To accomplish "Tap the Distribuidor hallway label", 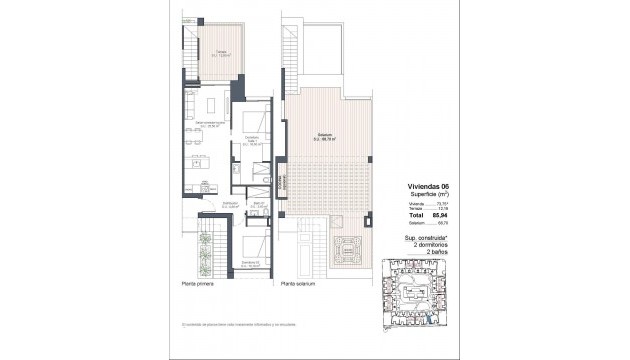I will [230, 204].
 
